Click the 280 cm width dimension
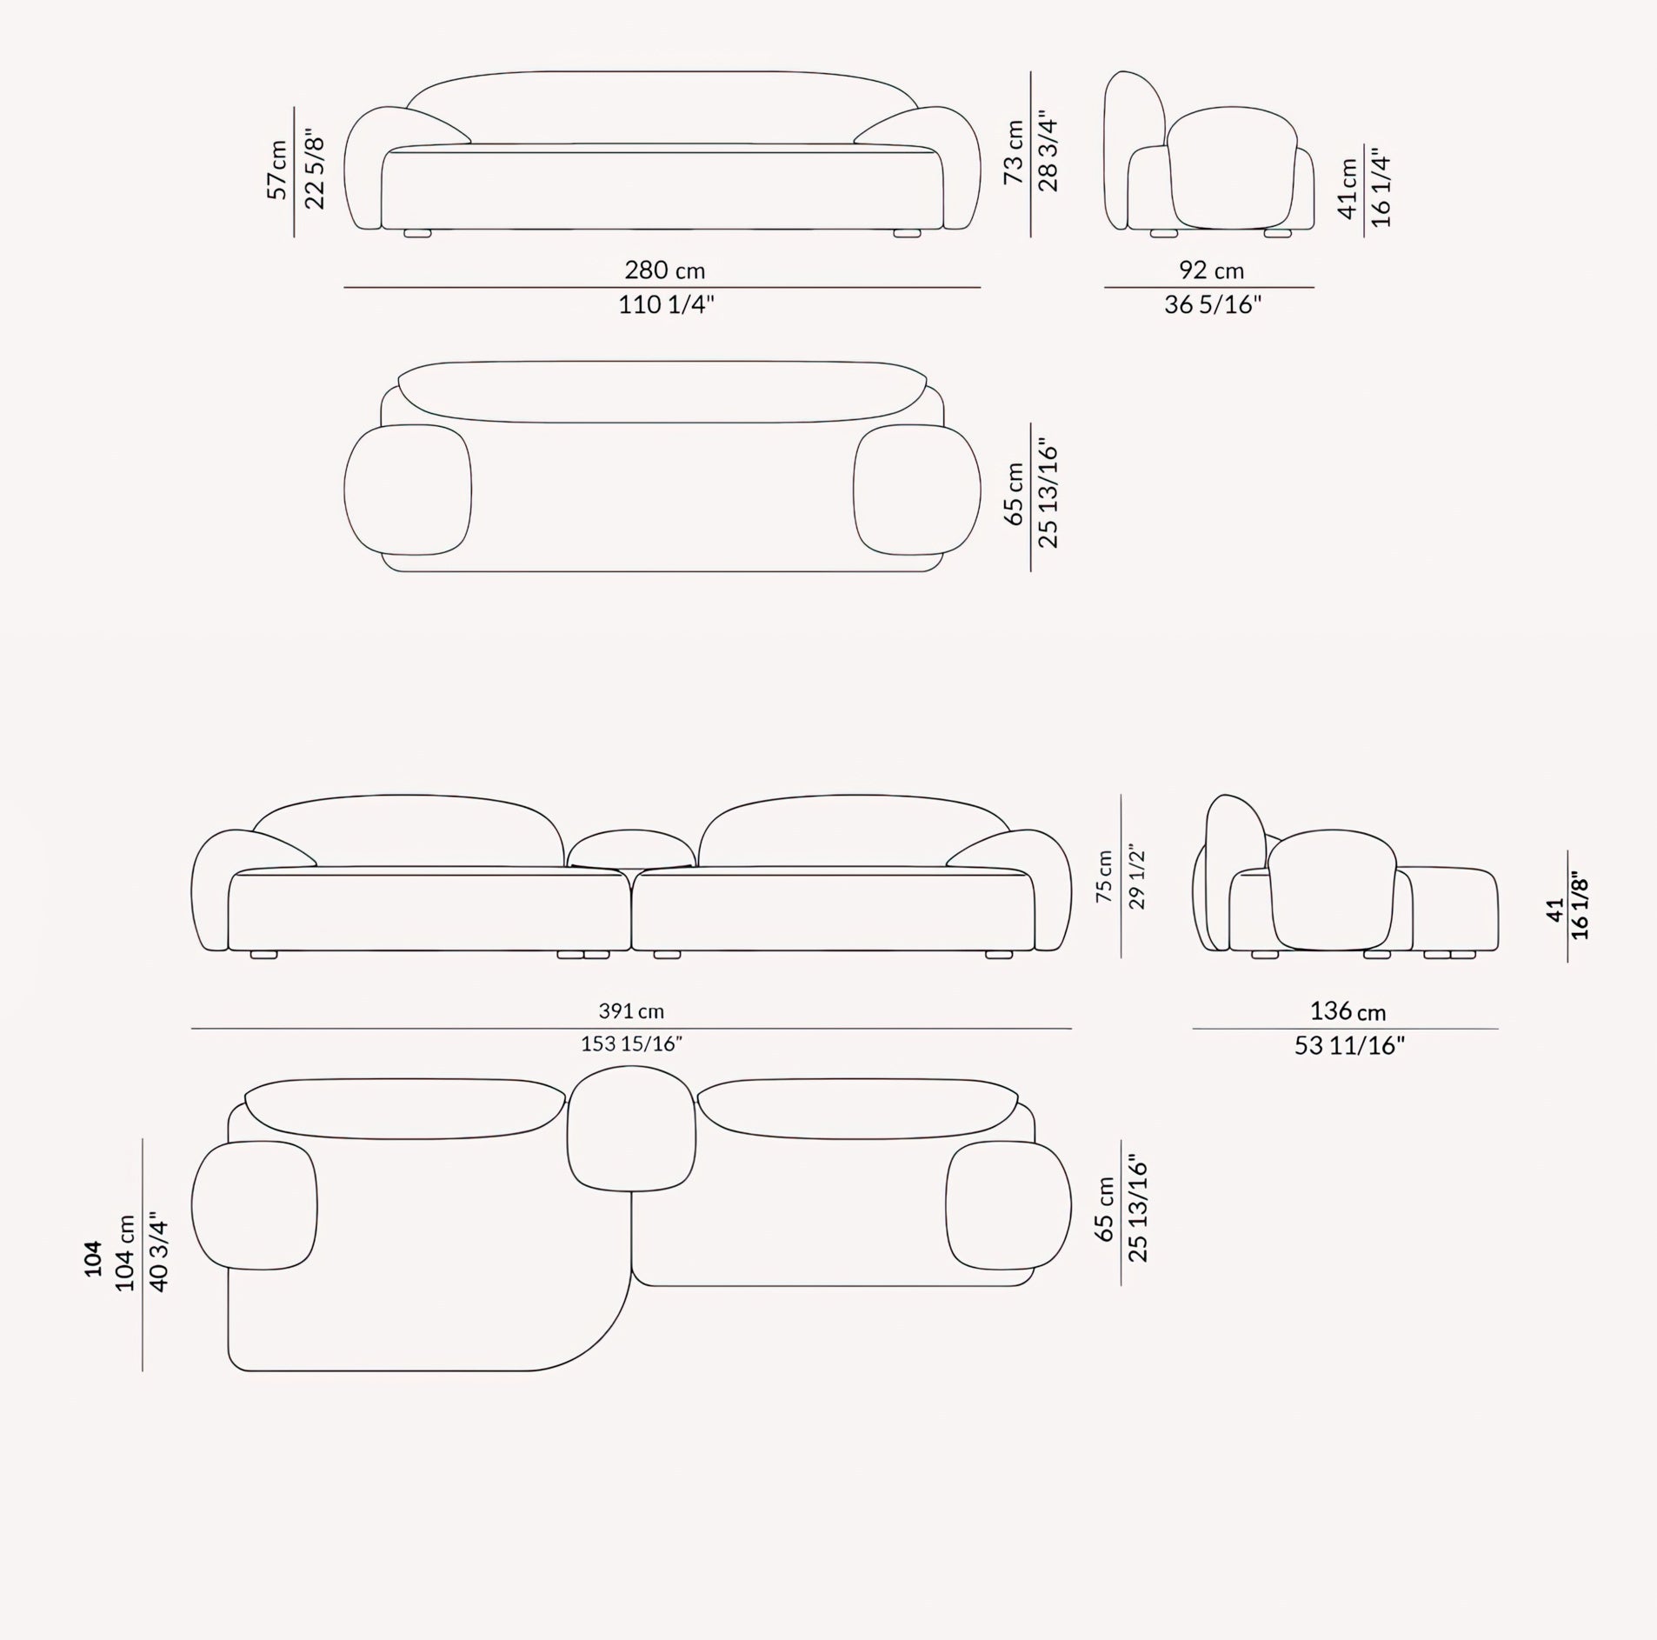pyautogui.click(x=664, y=270)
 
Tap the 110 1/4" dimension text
pyautogui.click(x=666, y=305)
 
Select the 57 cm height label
pyautogui.click(x=278, y=170)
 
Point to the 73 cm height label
pyautogui.click(x=1014, y=152)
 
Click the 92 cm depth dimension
pyautogui.click(x=1211, y=270)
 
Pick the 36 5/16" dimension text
pyautogui.click(x=1213, y=305)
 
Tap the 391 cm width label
pyautogui.click(x=631, y=1010)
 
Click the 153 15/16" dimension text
pyautogui.click(x=631, y=1043)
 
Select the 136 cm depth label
pyautogui.click(x=1348, y=1011)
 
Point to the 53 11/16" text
pyautogui.click(x=1349, y=1045)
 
